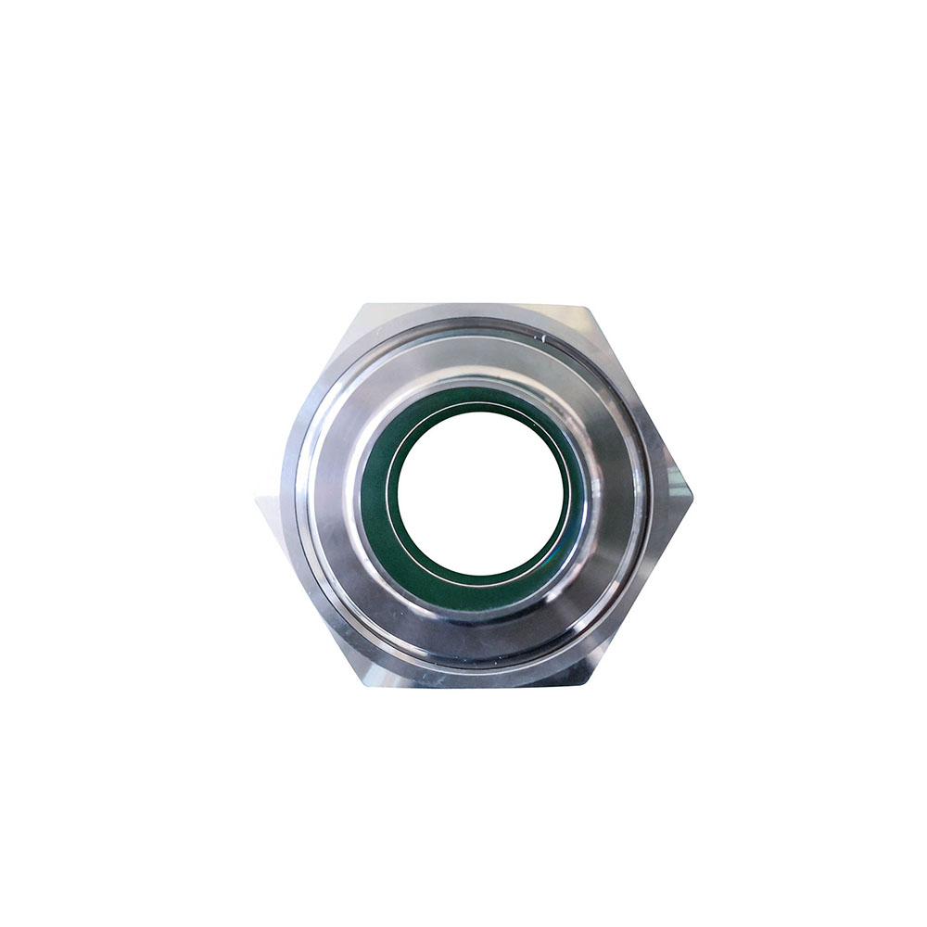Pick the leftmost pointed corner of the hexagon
click(257, 501)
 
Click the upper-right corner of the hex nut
click(586, 306)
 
